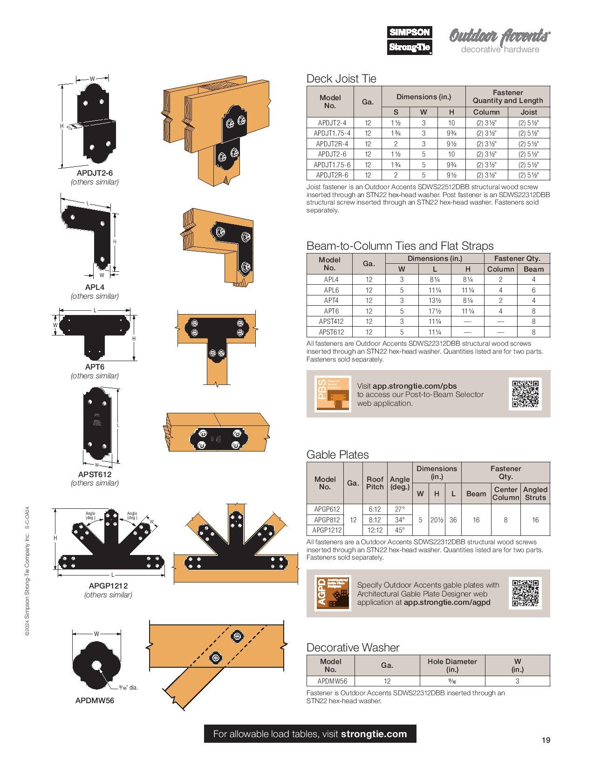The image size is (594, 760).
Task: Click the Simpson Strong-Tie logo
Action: click(410, 40)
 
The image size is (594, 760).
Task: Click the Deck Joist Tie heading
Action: click(341, 79)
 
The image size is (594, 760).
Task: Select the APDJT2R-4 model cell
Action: click(332, 144)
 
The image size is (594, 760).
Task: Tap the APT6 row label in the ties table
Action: click(331, 311)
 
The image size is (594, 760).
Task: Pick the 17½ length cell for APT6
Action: click(435, 311)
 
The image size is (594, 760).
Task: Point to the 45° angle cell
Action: click(400, 530)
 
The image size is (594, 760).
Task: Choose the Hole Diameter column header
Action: click(452, 665)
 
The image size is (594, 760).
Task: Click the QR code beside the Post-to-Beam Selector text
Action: click(526, 394)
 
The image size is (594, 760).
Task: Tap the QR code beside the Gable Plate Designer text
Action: click(526, 593)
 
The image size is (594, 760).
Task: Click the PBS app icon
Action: click(333, 393)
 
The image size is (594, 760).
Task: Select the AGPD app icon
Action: click(333, 593)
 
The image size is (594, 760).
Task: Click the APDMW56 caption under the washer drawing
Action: click(95, 700)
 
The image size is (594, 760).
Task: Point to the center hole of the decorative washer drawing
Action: click(97, 665)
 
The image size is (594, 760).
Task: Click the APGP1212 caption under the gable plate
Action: click(108, 586)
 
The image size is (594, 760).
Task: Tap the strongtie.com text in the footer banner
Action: click(374, 734)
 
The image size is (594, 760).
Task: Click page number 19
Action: click(546, 740)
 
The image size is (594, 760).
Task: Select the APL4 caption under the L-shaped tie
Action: click(95, 288)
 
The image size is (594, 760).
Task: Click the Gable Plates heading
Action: click(337, 455)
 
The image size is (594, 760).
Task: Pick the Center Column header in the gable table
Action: click(505, 493)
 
